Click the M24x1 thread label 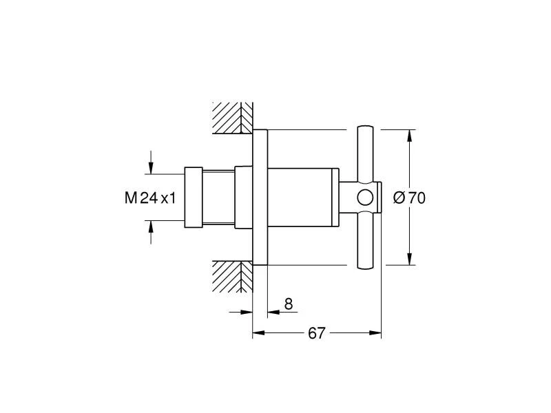[x=151, y=198]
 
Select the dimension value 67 [x=316, y=333]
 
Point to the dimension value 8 [x=288, y=303]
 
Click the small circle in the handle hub [x=365, y=198]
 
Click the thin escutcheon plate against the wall [x=260, y=198]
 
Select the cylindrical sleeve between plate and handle [x=303, y=198]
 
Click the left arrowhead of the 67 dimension [x=259, y=333]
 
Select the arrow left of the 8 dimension [x=247, y=311]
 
